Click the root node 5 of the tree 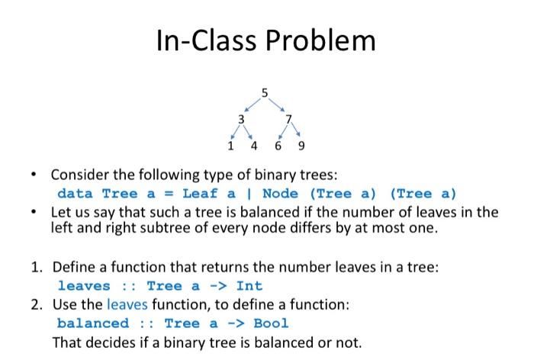coord(265,93)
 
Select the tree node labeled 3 coord(241,120)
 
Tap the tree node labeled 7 coord(288,119)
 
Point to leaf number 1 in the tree coord(230,146)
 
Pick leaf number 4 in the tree coord(254,146)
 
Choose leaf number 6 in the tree coord(278,146)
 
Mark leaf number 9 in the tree coord(301,146)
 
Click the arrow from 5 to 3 coord(253,105)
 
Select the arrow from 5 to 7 coord(276,105)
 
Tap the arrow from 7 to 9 coord(296,130)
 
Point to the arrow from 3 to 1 coord(235,132)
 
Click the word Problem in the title coord(320,41)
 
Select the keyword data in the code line coord(75,194)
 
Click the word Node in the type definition coord(280,194)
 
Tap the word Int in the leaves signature coord(249,286)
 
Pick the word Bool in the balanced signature coord(271,323)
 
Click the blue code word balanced coord(93,323)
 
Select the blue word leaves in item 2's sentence coord(127,304)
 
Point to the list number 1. coord(37,267)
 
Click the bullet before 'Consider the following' coord(34,175)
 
